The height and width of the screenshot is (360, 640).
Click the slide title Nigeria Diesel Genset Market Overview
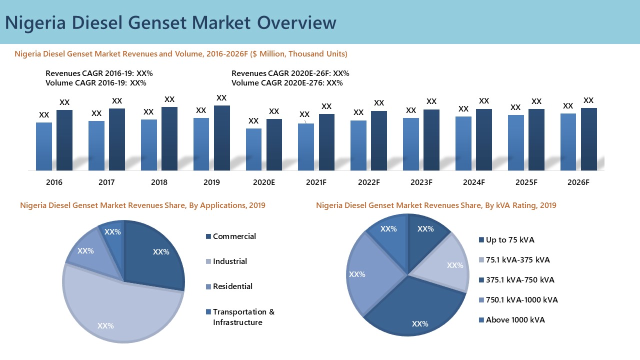(170, 23)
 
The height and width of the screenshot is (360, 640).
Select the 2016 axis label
(54, 182)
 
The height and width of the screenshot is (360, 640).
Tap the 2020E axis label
(263, 182)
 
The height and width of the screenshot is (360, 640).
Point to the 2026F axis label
(578, 182)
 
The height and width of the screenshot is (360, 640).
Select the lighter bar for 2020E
(253, 150)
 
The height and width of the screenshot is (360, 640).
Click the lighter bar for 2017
(96, 146)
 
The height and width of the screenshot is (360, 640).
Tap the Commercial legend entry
(234, 236)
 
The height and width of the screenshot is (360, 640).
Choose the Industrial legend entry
(229, 261)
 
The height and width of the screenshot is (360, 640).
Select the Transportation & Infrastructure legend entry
(243, 317)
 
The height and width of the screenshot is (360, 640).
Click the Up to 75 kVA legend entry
(509, 240)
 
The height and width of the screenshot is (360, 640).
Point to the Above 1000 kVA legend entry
(515, 320)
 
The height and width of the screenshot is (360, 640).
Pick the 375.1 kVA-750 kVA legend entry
(519, 280)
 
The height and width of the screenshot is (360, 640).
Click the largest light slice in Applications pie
(125, 310)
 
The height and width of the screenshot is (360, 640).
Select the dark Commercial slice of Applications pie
(152, 255)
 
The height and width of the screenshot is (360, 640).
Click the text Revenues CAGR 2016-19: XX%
(99, 73)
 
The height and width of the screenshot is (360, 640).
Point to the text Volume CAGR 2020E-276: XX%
(287, 83)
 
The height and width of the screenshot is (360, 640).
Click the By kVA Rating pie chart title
(436, 205)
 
